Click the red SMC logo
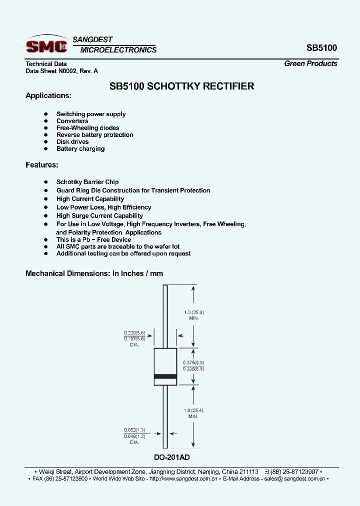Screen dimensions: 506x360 coord(46,46)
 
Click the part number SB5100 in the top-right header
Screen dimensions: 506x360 coord(321,48)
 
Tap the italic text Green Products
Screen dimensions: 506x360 coord(310,63)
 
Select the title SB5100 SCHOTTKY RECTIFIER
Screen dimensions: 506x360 coord(181,86)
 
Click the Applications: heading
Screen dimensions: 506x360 coord(48,95)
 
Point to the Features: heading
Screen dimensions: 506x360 coord(42,164)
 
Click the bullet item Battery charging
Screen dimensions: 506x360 coord(80,149)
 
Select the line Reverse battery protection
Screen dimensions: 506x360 coord(94,135)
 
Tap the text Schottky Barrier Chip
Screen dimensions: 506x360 coord(87,182)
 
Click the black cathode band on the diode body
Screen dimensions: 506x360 coord(165,376)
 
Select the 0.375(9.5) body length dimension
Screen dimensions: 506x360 coord(193,363)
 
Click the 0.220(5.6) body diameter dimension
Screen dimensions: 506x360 coord(134,332)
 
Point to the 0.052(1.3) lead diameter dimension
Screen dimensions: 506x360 coord(134,429)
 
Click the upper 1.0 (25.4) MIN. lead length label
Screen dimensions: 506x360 coord(193,315)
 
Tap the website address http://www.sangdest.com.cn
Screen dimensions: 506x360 coord(183,478)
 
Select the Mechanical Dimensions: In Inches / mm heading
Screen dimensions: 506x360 coord(94,273)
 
